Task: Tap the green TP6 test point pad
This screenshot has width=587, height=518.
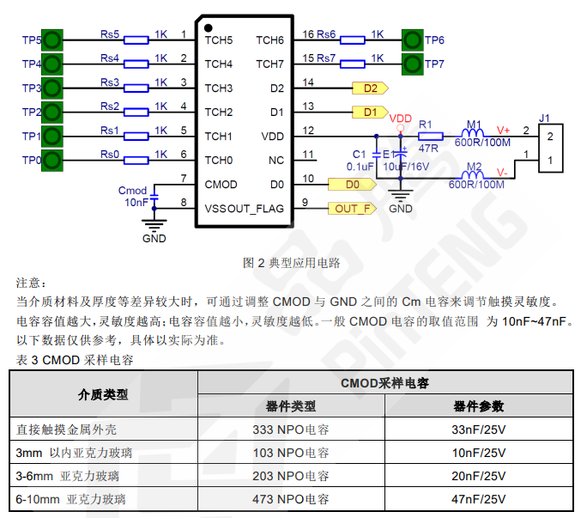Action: coord(413,40)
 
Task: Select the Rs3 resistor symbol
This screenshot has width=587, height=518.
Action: coord(137,88)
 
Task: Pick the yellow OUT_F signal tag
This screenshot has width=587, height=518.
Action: coord(353,208)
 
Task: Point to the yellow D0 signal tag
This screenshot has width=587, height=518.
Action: coord(350,184)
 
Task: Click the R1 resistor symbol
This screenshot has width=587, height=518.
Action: coord(430,136)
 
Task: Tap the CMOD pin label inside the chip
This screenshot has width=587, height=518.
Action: coord(221,184)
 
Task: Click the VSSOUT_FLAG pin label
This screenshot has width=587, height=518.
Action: coord(244,208)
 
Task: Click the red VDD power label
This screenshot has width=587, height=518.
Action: coord(401,118)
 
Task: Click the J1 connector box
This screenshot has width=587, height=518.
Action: coord(550,148)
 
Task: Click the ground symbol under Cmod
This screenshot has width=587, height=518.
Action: coord(154,225)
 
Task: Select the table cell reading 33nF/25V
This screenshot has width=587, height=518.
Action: coord(478,429)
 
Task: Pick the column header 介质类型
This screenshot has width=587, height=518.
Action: coord(103,394)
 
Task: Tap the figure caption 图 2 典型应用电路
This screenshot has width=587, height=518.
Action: coord(292,263)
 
